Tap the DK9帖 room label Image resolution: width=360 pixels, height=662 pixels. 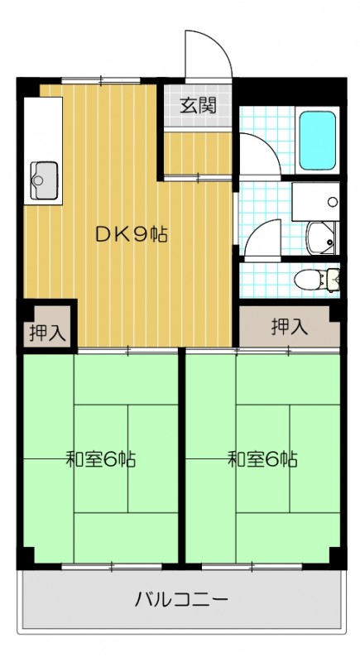click(132, 234)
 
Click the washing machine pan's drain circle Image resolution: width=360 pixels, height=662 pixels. click(332, 201)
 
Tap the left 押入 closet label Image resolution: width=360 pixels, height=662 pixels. click(46, 333)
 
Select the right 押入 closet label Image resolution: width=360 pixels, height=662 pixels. click(289, 326)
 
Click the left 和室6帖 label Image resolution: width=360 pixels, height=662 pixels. click(101, 459)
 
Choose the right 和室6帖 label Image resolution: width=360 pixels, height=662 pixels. click(263, 459)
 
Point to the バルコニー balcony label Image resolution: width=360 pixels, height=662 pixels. click(180, 599)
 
